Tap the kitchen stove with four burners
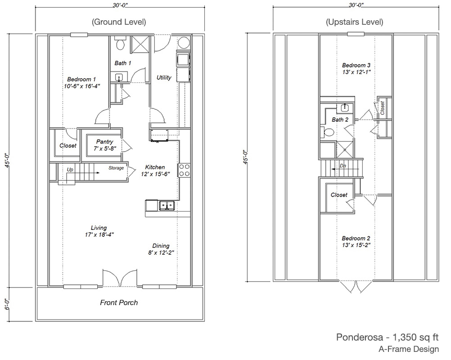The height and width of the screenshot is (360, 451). click(185, 170)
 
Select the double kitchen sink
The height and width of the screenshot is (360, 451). click(167, 205)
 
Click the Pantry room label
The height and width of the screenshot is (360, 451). click(104, 141)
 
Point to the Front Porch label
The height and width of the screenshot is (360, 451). click(119, 302)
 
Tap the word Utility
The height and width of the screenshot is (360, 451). click(164, 77)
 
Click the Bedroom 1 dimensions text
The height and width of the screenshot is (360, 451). click(82, 86)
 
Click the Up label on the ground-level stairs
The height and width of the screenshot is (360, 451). click(70, 169)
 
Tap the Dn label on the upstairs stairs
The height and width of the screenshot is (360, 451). click(343, 166)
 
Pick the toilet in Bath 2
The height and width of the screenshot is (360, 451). click(327, 132)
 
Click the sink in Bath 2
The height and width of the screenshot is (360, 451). click(345, 108)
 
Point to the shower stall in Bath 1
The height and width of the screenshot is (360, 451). click(140, 44)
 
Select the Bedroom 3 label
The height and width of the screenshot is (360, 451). click(356, 65)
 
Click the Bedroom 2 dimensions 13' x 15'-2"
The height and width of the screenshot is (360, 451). click(356, 245)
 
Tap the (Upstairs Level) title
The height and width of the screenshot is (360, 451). click(354, 22)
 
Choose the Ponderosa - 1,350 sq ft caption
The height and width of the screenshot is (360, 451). click(388, 337)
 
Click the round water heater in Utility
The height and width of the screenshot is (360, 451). click(184, 43)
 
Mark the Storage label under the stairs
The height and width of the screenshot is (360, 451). click(116, 168)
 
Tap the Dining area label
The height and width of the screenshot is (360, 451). click(161, 246)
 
